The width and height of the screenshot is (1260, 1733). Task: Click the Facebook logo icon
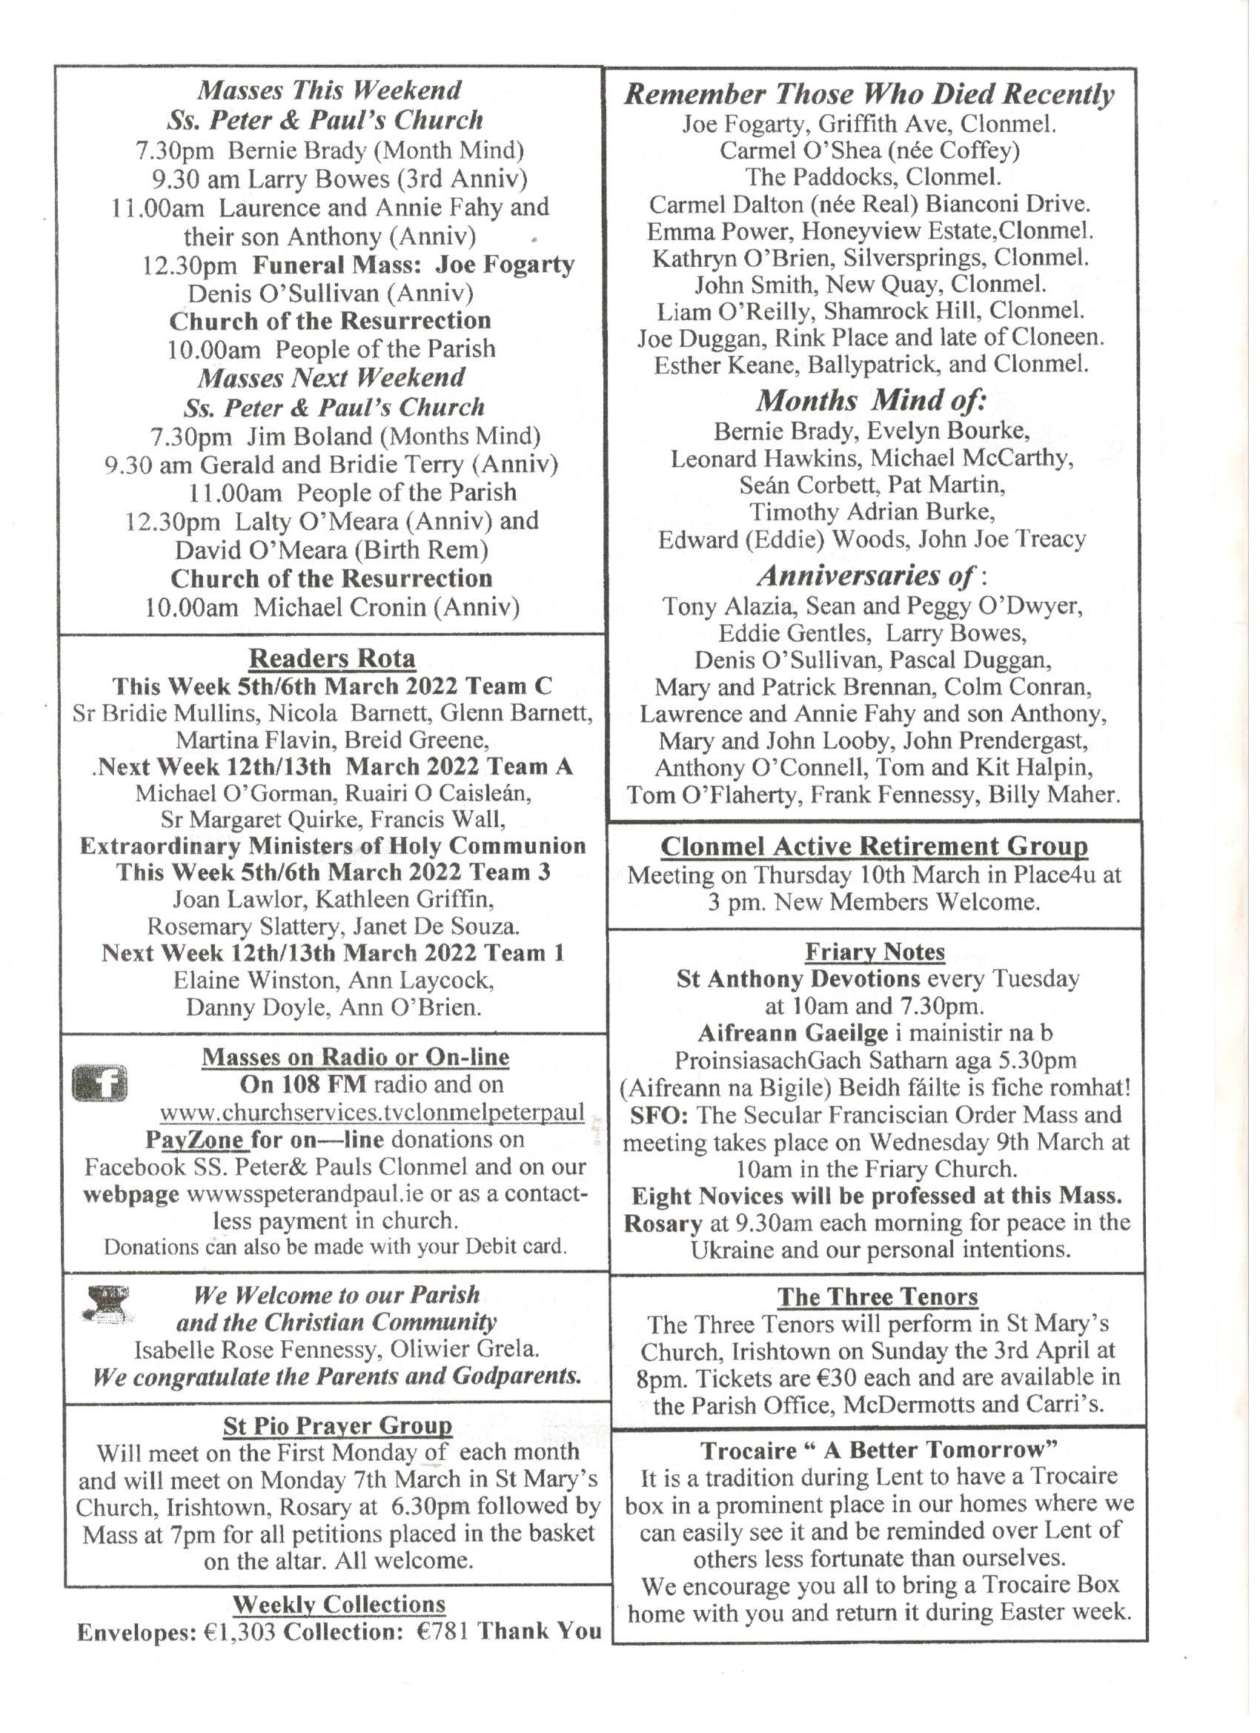pyautogui.click(x=99, y=1084)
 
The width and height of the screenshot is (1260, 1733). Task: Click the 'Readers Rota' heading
pyautogui.click(x=331, y=658)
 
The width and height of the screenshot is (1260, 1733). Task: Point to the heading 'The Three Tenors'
pyautogui.click(x=878, y=1296)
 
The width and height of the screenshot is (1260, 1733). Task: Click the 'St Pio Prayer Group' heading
pyautogui.click(x=337, y=1426)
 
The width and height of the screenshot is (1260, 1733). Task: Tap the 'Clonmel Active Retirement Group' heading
pyautogui.click(x=874, y=846)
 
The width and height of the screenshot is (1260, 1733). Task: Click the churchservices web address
pyautogui.click(x=372, y=1112)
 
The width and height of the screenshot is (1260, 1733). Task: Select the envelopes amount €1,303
pyautogui.click(x=240, y=1631)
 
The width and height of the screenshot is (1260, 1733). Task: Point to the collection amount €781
pyautogui.click(x=445, y=1631)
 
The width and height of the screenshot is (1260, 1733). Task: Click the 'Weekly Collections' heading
pyautogui.click(x=339, y=1604)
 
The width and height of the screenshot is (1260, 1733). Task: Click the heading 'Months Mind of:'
pyautogui.click(x=871, y=400)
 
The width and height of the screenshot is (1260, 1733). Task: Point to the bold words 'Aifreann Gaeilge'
pyautogui.click(x=792, y=1033)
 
